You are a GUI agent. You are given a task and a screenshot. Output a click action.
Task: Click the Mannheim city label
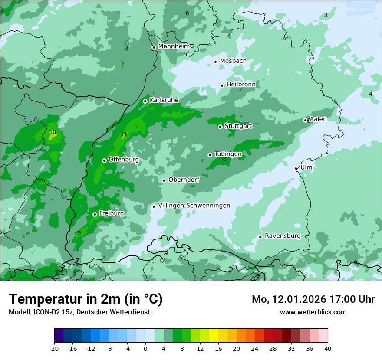pyautogui.click(x=174, y=46)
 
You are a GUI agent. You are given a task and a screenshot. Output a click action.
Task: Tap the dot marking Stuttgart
pyautogui.click(x=220, y=127)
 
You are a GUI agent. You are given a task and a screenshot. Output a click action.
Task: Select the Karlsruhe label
pyautogui.click(x=164, y=100)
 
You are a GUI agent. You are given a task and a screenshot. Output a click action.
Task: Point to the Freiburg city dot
pyautogui.click(x=95, y=214)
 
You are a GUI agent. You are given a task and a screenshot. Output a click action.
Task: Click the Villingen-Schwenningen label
pyautogui.click(x=194, y=206)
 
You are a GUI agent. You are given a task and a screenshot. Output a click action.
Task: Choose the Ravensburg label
pyautogui.click(x=283, y=236)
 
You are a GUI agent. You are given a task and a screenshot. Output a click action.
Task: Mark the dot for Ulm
pyautogui.click(x=296, y=168)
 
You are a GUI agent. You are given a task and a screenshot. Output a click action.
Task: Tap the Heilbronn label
pyautogui.click(x=241, y=84)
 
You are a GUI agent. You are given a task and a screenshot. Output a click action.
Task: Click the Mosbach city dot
pyautogui.click(x=215, y=62)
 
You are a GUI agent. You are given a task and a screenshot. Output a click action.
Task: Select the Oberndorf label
pyautogui.click(x=184, y=180)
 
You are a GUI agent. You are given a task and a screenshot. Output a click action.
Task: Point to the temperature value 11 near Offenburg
pyautogui.click(x=124, y=134)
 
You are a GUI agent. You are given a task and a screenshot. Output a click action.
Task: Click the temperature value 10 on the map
pyautogui.click(x=53, y=132)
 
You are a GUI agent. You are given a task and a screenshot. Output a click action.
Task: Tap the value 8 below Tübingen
pyautogui.click(x=224, y=160)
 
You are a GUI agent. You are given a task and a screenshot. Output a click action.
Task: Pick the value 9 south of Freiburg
pyautogui.click(x=79, y=233)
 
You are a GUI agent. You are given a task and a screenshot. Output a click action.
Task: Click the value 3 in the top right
pyautogui.click(x=326, y=16)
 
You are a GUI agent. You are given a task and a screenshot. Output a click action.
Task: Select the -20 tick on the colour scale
pyautogui.click(x=54, y=349)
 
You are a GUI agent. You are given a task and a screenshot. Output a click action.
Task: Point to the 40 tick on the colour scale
pyautogui.click(x=327, y=349)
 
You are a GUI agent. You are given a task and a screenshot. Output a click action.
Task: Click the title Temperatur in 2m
pyautogui.click(x=86, y=299)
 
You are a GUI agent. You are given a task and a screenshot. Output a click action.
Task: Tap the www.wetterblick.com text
pyautogui.click(x=313, y=312)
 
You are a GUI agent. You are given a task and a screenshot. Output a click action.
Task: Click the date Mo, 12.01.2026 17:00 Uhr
pyautogui.click(x=313, y=299)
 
